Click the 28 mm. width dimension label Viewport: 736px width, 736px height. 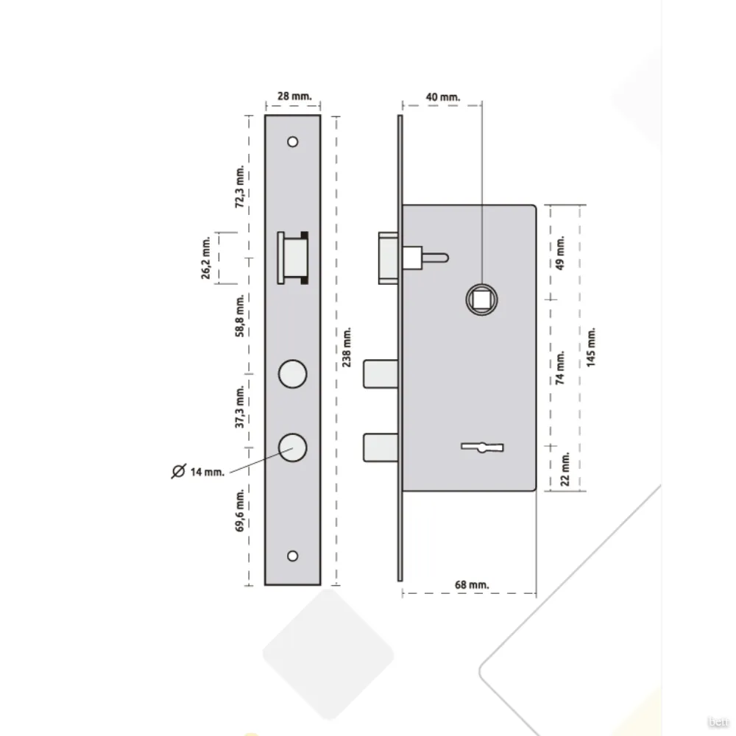tap(294, 96)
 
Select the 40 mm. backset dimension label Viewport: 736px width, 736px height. tap(442, 97)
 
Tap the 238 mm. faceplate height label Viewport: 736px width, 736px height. tap(347, 347)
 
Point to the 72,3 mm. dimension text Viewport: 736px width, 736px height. tap(240, 186)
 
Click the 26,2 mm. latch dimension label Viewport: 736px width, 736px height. tap(205, 258)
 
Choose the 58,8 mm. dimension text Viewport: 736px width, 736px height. tap(240, 316)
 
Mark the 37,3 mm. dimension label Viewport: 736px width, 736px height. tap(240, 407)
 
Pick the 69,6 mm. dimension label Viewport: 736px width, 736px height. tap(240, 511)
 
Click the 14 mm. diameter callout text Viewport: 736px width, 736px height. tap(208, 473)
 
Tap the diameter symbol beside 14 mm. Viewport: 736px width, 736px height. tap(178, 471)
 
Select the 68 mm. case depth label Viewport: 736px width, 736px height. tap(472, 585)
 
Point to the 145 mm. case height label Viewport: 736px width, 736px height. tap(591, 347)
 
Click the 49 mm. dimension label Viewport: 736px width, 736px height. tap(560, 253)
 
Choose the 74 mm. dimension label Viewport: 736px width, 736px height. tap(560, 368)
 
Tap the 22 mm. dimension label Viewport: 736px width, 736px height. tap(565, 469)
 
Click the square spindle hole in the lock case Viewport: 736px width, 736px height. tap(481, 300)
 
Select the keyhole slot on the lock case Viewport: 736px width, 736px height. tap(482, 447)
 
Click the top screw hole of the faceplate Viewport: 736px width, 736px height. tap(292, 142)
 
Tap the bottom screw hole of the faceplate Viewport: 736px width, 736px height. tap(292, 556)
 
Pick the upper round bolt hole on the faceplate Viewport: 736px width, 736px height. tap(292, 374)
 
